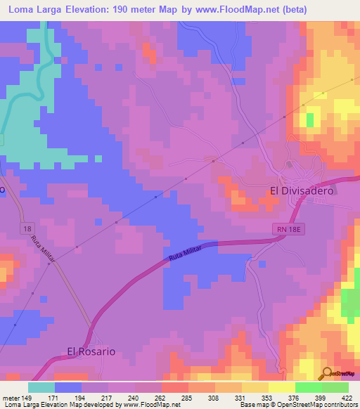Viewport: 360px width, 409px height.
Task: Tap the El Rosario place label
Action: click(x=91, y=351)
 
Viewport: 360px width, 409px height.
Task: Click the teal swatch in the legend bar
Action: click(x=41, y=387)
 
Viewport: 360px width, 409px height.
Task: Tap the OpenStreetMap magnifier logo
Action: click(x=326, y=373)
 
